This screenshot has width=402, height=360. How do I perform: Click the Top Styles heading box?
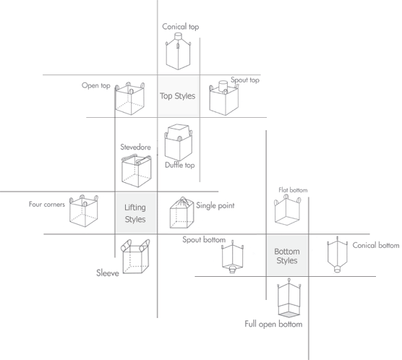[179, 96]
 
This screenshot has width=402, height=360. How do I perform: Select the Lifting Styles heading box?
[136, 213]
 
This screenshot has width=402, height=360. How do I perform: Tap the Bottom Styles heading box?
[287, 256]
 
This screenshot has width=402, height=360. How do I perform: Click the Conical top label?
[181, 27]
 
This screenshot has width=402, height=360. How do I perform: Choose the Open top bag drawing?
[130, 99]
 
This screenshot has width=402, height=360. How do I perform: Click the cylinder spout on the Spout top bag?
[223, 86]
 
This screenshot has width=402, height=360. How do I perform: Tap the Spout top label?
[245, 80]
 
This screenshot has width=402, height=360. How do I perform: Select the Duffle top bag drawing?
[178, 142]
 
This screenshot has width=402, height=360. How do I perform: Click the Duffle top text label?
[180, 165]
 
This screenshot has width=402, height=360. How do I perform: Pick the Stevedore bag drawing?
[137, 171]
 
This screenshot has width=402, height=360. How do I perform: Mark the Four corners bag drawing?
[84, 211]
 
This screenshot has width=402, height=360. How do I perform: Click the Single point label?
[215, 205]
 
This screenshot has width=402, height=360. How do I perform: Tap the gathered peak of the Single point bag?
[182, 198]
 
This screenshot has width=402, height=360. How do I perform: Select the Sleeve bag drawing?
[135, 257]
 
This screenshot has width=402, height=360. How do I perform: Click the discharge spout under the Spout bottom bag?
[232, 270]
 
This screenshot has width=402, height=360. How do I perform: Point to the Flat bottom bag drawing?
[287, 210]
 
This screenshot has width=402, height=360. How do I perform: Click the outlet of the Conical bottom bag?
[338, 269]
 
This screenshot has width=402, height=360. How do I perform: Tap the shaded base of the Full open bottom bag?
[289, 314]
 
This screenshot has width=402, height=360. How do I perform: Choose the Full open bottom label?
[273, 324]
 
